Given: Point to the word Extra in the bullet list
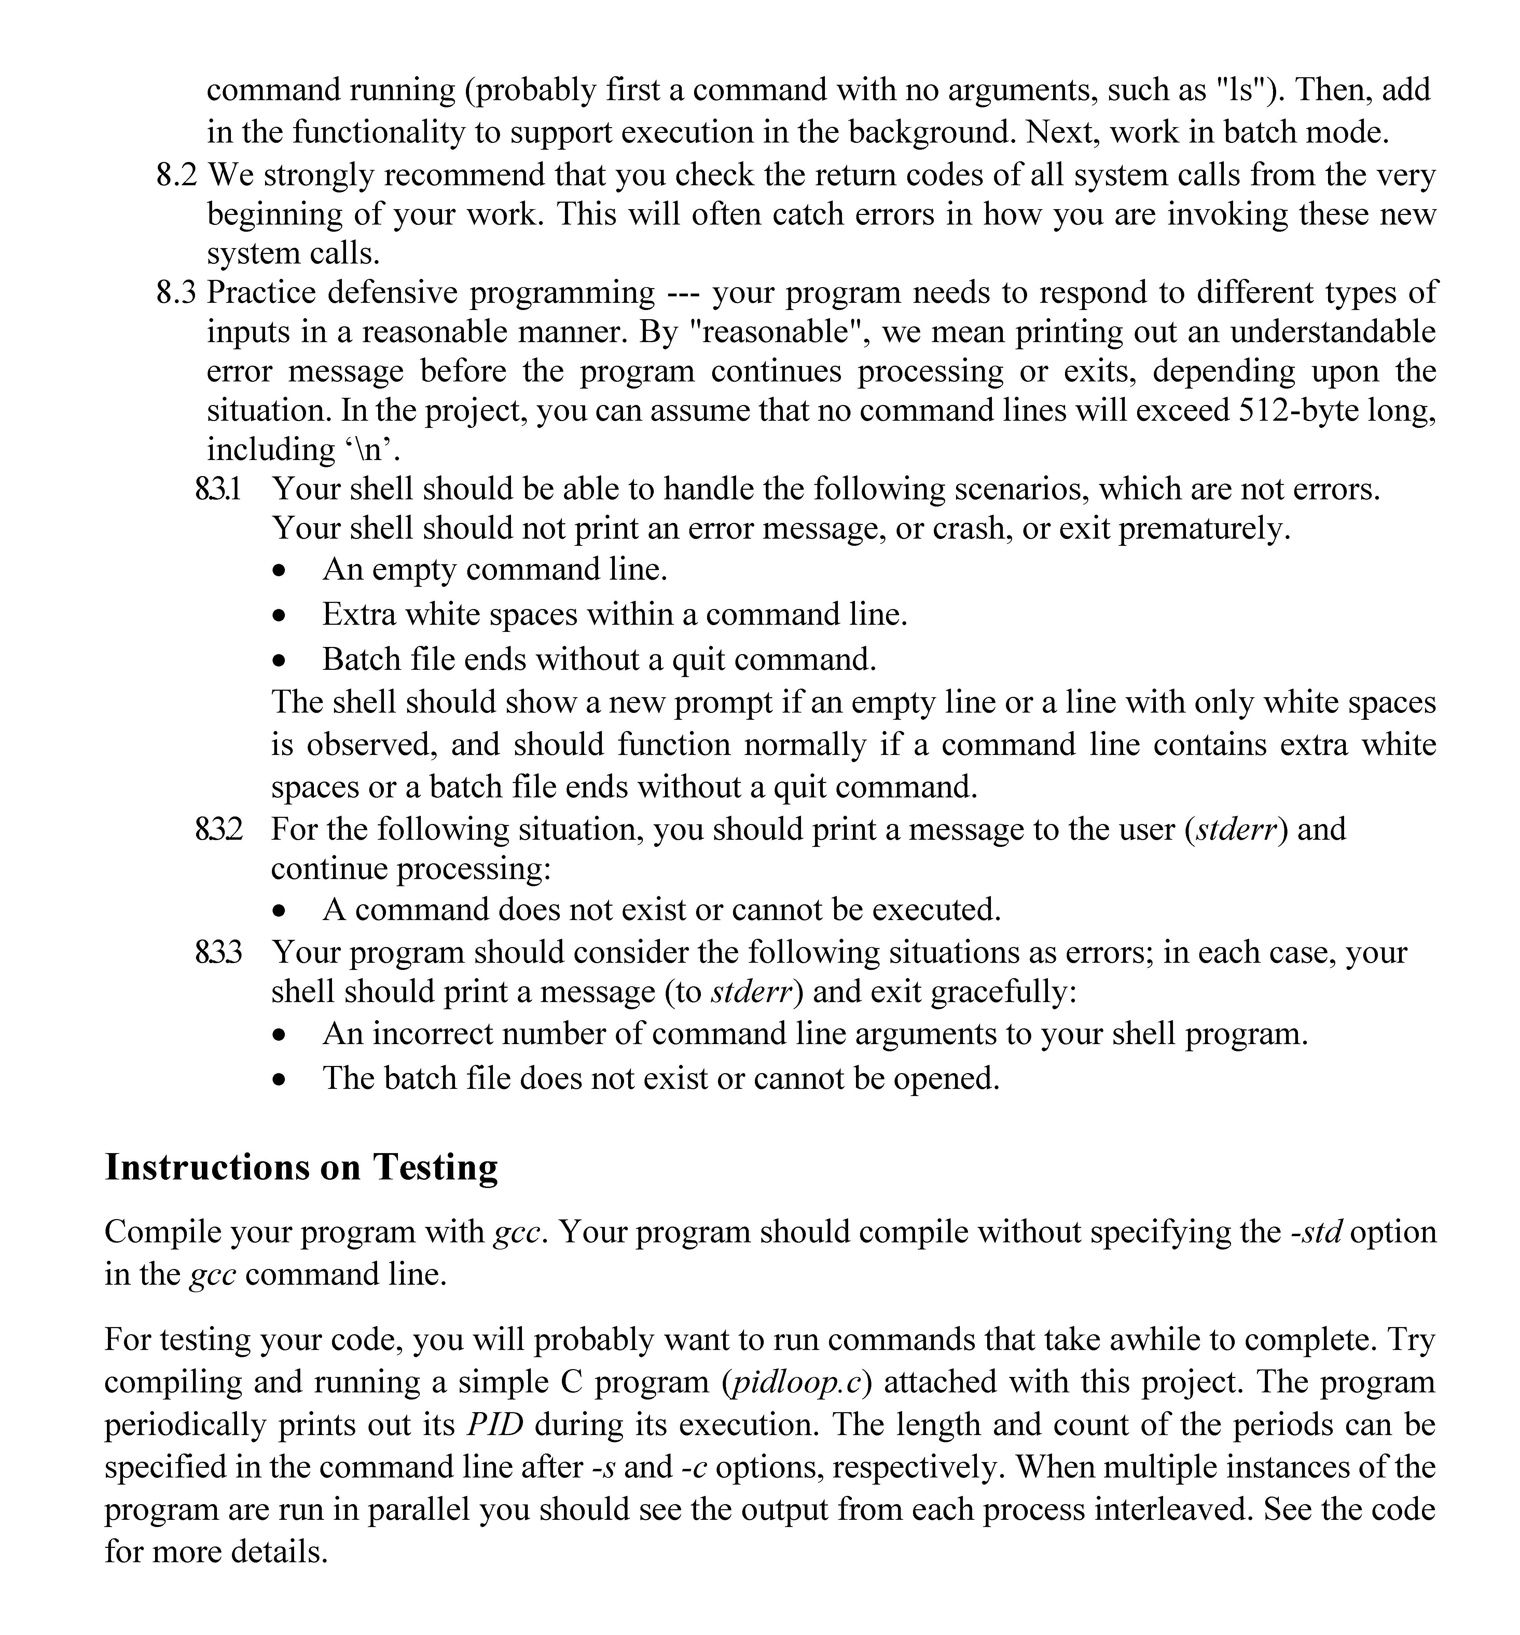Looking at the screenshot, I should click(358, 614).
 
